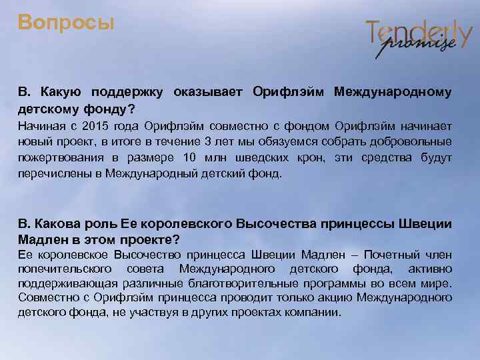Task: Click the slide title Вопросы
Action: click(66, 23)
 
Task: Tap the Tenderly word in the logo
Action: click(418, 31)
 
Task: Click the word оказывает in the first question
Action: click(209, 91)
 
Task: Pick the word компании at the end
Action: click(313, 313)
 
